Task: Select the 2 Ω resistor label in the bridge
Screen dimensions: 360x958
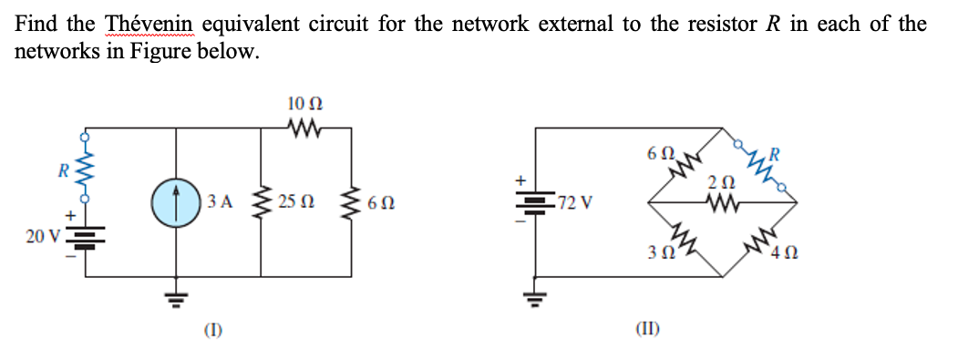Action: point(719,185)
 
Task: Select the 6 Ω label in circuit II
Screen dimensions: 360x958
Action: point(658,152)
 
